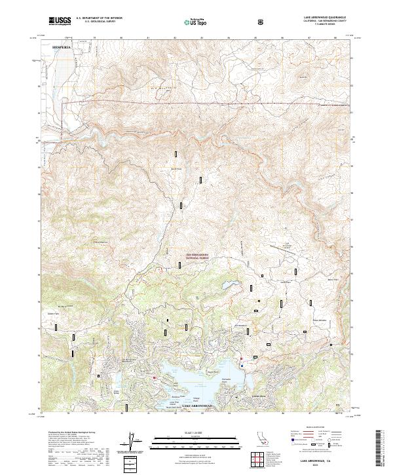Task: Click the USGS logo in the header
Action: (59, 21)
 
